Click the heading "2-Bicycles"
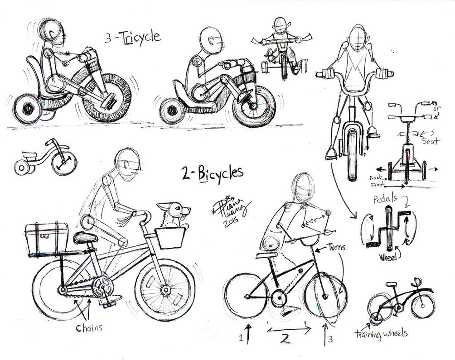point(212,173)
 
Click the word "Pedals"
point(386,199)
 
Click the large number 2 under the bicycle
point(285,338)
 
